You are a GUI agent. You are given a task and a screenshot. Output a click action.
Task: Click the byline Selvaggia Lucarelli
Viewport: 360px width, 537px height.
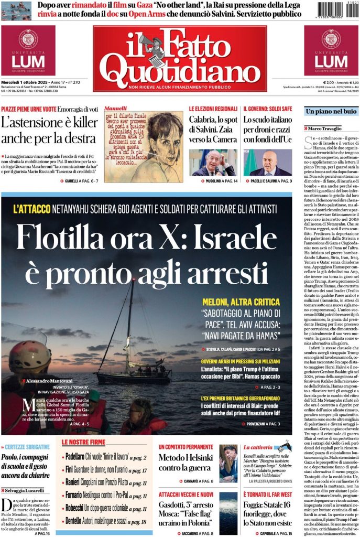[x=26, y=491]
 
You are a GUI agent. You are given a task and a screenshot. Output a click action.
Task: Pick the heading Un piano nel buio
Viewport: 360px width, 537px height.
[x=331, y=112]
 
